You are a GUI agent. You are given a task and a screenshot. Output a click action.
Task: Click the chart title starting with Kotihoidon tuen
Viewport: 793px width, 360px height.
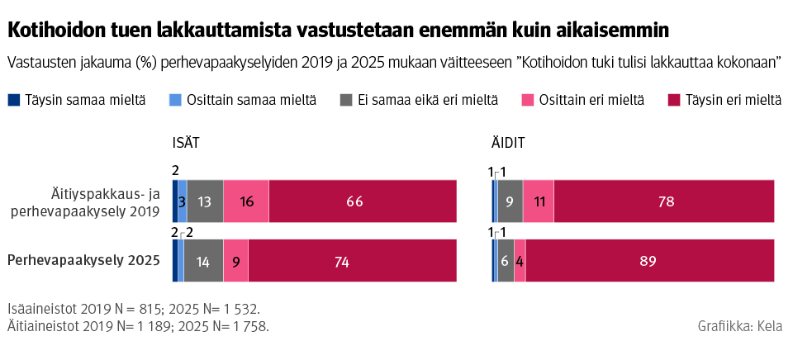(338, 31)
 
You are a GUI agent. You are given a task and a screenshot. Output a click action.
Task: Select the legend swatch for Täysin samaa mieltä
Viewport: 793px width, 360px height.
(14, 100)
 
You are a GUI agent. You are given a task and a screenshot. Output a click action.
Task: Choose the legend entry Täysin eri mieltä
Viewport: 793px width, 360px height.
(723, 100)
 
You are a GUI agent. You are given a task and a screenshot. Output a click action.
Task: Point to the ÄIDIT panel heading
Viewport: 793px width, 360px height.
(508, 144)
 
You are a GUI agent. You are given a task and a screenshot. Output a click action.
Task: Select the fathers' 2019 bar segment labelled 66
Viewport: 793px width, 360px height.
(363, 201)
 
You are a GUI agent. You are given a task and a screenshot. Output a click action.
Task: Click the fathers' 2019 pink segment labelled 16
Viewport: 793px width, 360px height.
(246, 201)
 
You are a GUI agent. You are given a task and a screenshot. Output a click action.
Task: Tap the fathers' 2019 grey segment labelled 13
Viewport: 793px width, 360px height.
(206, 201)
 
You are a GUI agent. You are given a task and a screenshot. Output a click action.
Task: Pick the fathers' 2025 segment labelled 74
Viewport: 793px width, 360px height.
(352, 261)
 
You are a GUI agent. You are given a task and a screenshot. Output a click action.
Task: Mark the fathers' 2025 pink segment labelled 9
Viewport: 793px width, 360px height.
(235, 261)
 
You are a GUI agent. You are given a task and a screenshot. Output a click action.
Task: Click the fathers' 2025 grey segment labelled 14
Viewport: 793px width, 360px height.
(203, 261)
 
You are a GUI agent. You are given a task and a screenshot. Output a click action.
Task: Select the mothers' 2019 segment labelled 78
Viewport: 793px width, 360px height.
(664, 201)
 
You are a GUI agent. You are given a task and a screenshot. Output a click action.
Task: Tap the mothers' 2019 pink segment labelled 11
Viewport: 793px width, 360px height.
(539, 201)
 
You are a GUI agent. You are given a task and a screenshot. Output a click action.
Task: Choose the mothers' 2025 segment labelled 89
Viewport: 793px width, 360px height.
(649, 261)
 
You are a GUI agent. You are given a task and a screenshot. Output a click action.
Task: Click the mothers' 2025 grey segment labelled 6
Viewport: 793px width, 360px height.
(506, 261)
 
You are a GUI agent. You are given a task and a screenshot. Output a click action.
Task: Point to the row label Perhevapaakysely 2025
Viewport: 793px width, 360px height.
(83, 261)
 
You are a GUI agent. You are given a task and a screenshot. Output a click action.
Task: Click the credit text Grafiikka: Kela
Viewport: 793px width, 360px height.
(741, 326)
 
